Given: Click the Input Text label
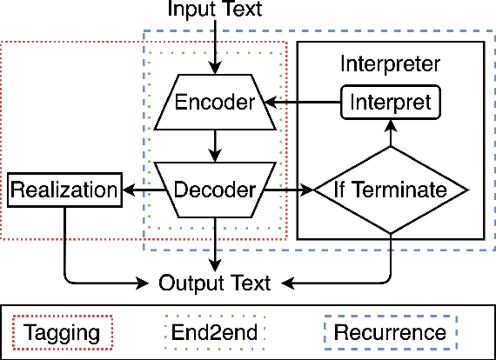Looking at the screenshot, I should click(x=215, y=11).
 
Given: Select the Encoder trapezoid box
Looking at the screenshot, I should click(x=215, y=103).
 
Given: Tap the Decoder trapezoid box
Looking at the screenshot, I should click(x=215, y=189).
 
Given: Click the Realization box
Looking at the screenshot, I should click(x=63, y=190).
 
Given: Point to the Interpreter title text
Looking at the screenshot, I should click(x=390, y=64).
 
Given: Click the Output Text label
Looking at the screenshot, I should click(x=215, y=283).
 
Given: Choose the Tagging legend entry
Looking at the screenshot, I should click(x=63, y=332).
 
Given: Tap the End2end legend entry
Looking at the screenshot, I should click(x=214, y=332).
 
